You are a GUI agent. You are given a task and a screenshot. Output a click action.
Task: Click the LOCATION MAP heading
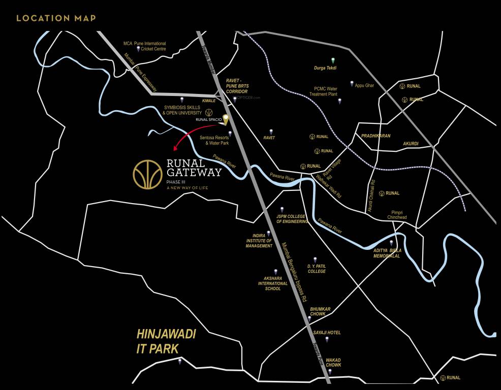click(x=56, y=18)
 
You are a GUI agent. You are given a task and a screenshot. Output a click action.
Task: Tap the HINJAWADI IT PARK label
click(x=166, y=341)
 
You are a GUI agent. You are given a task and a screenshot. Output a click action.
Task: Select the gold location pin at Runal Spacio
click(x=226, y=120)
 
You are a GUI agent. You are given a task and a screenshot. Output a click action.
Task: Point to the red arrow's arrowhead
click(x=175, y=148)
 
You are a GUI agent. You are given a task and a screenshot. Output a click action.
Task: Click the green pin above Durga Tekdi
click(x=333, y=60)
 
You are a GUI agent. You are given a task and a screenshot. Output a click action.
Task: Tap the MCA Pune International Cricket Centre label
click(x=145, y=46)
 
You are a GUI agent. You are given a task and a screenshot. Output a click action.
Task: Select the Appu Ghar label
click(x=364, y=85)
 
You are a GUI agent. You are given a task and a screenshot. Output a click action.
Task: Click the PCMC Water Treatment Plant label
click(x=326, y=91)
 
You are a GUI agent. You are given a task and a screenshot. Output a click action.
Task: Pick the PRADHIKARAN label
click(x=375, y=136)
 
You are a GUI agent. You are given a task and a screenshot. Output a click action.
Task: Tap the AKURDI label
click(x=411, y=144)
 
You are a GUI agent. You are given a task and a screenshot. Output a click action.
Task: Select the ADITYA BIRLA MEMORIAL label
click(x=387, y=253)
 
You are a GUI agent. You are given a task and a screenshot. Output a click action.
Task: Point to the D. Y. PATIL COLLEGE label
click(x=316, y=269)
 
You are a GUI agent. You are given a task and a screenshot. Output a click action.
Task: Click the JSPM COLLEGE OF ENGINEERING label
click(x=292, y=219)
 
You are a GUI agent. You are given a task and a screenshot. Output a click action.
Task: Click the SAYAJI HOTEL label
click(x=327, y=333)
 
